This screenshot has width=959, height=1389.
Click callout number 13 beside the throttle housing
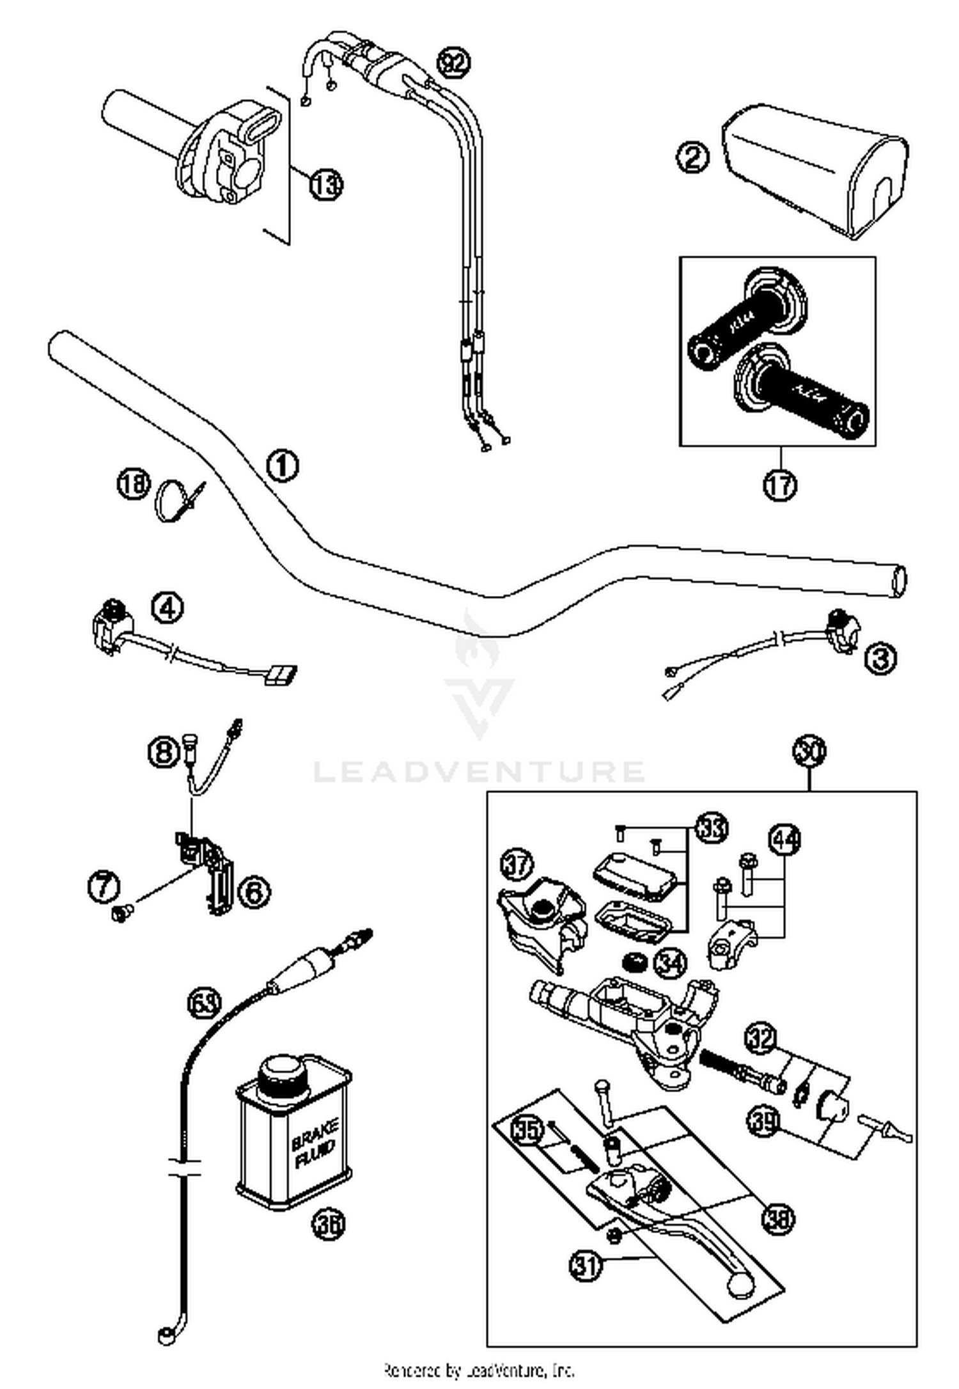tap(326, 185)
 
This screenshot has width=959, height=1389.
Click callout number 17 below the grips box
tap(780, 484)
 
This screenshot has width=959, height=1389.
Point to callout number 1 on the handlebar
tap(282, 465)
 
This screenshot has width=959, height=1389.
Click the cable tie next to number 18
tap(176, 501)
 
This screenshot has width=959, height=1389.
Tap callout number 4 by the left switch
tap(168, 608)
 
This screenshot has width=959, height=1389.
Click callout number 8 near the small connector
tap(164, 750)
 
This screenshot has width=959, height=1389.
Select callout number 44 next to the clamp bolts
tap(786, 839)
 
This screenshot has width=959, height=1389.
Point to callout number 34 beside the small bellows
tap(671, 962)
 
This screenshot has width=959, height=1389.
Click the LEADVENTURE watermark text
tap(478, 772)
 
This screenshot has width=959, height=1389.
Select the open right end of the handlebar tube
tap(898, 581)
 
